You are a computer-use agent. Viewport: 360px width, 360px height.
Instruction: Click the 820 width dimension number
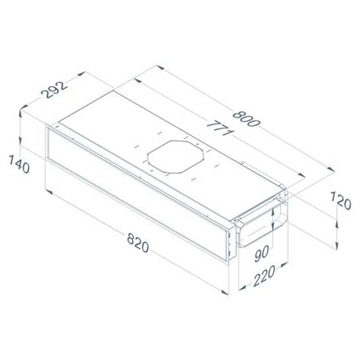point(136,245)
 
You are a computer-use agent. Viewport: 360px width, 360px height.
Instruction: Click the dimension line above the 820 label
point(137,228)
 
